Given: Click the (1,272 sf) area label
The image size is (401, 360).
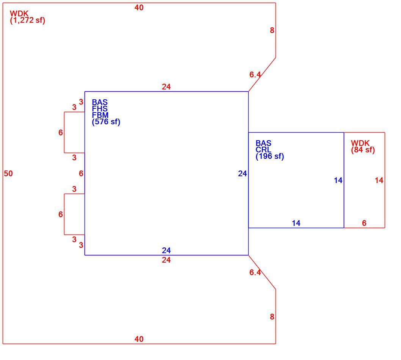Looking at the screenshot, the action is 28,20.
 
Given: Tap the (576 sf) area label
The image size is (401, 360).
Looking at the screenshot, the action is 106,122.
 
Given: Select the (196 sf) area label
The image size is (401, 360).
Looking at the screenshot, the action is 270,156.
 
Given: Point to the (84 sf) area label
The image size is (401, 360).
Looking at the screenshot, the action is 363,150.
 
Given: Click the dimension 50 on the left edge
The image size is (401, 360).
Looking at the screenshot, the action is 8,174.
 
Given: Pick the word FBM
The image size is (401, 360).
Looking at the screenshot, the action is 100,115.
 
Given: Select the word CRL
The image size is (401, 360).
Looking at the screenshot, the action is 263,150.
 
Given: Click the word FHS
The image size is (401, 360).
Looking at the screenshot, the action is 100,109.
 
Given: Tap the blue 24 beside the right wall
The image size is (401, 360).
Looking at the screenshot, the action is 243,174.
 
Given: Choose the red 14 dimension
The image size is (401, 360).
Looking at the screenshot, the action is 379,180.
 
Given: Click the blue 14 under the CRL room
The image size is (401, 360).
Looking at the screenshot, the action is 296,223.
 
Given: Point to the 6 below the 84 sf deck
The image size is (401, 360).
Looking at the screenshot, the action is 364,223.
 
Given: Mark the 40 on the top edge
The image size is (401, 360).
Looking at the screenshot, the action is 139,8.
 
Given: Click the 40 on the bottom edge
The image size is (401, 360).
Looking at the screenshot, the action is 139,339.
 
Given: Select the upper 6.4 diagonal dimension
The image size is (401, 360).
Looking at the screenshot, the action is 255,75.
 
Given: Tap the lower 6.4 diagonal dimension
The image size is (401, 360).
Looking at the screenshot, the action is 255,272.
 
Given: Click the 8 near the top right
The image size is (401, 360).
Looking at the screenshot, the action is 272,30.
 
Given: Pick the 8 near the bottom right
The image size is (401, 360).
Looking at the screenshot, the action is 272,317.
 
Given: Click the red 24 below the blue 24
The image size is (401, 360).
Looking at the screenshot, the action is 166,260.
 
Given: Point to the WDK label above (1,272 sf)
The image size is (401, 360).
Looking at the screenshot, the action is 19,14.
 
